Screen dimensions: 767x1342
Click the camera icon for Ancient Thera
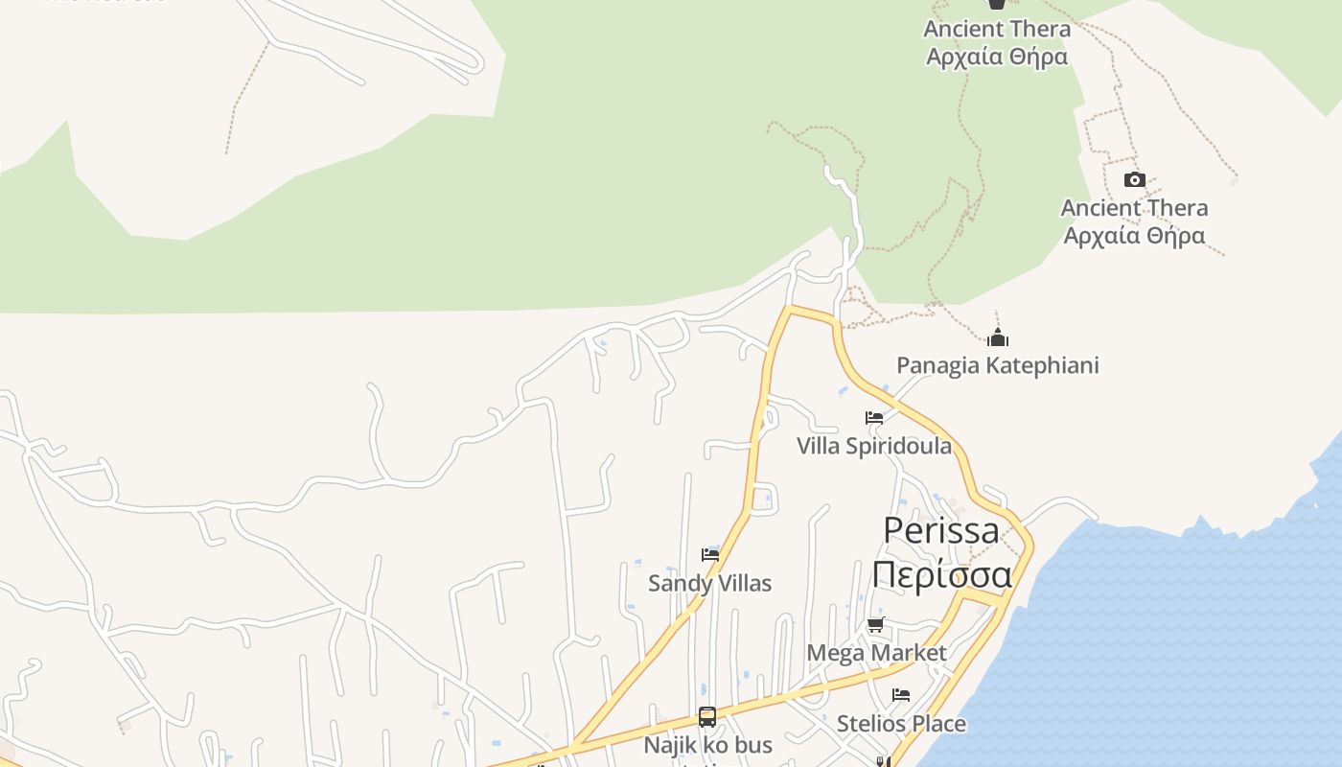1134,180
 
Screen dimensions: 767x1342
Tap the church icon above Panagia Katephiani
998,337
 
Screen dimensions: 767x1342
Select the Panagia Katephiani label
997,365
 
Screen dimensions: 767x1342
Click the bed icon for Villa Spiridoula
874,418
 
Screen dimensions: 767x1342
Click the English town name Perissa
940,530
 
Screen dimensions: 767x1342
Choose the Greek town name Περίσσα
941,575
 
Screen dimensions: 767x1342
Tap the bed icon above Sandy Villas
710,555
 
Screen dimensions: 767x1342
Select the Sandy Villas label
709,583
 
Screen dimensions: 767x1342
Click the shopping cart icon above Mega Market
875,625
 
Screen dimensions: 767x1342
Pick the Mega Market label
876,653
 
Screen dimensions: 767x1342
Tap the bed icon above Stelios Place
901,695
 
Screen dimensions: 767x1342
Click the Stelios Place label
901,723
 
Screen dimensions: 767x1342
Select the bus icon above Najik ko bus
707,717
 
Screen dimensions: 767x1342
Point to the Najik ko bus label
707,745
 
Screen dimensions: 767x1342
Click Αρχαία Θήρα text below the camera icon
1134,235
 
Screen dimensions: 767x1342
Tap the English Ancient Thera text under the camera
1134,208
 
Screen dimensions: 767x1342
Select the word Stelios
869,723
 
